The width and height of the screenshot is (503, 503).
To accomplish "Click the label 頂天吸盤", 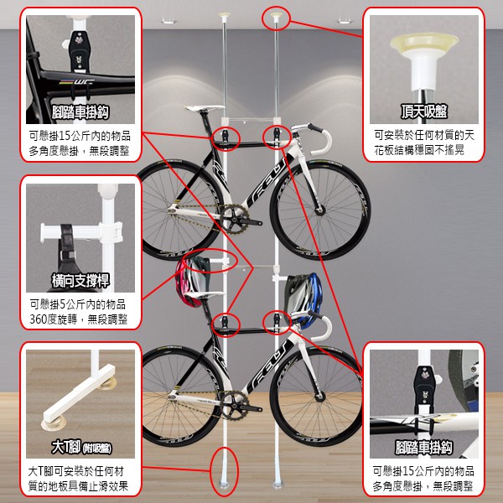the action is point(423,111).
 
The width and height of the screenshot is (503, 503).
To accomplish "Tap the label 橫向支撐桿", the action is point(80,280).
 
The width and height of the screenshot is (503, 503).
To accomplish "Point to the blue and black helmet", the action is point(303,297).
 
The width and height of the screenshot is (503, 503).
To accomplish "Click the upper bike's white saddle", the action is point(204,108).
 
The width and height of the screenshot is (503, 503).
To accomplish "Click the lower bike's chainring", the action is point(235,405).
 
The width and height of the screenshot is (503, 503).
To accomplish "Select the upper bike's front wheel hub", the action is point(320,210).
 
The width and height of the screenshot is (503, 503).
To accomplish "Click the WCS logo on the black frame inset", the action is point(77,82).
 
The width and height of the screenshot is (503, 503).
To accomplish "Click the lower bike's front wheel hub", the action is point(320,397).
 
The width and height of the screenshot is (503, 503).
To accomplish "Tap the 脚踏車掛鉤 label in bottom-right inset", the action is point(423,448).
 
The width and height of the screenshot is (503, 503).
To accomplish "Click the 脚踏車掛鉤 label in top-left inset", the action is point(80,112).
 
